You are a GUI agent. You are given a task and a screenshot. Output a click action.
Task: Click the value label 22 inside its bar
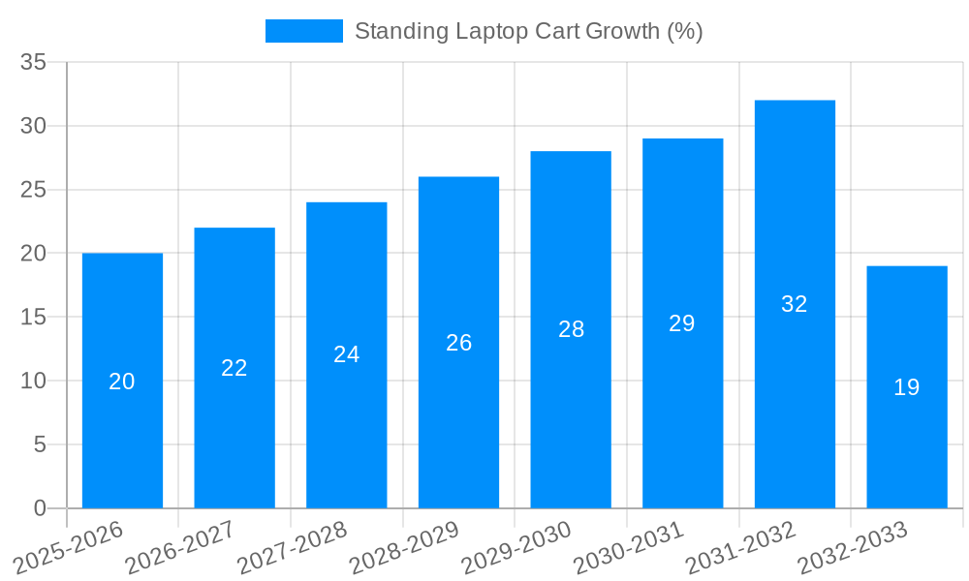click(x=234, y=368)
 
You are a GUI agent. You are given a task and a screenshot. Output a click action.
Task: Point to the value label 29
click(x=682, y=323)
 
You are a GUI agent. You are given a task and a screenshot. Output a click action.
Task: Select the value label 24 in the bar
click(x=347, y=354)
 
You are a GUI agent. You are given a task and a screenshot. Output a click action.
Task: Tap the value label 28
click(x=572, y=329)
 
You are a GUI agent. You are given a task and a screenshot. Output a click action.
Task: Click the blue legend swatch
click(x=303, y=31)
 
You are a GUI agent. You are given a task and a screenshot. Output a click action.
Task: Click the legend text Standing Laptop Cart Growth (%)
click(x=528, y=31)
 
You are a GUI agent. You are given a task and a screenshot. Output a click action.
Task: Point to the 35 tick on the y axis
click(x=34, y=63)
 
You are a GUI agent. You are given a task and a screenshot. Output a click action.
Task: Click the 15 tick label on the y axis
click(x=34, y=318)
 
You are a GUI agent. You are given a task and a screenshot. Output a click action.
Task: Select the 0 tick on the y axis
click(x=40, y=508)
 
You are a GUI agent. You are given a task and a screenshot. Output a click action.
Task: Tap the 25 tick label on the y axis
click(x=34, y=190)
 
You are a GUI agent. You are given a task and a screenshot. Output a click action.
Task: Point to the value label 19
click(x=907, y=387)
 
